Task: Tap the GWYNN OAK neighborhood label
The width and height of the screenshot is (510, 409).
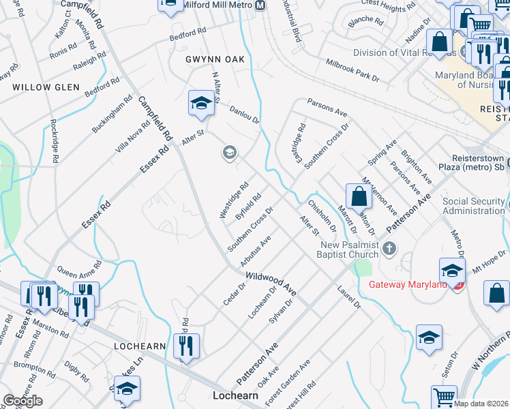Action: pyautogui.click(x=215, y=60)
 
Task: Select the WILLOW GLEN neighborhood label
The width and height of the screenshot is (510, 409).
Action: pyautogui.click(x=46, y=87)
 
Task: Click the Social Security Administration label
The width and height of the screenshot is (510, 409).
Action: pyautogui.click(x=473, y=206)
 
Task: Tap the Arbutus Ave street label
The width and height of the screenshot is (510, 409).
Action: pyautogui.click(x=256, y=250)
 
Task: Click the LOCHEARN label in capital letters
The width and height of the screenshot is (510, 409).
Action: pyautogui.click(x=140, y=346)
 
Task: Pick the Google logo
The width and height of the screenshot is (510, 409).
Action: pyautogui.click(x=23, y=400)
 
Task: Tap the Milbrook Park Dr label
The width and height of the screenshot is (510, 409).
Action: pyautogui.click(x=352, y=70)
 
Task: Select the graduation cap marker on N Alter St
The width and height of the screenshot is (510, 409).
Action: pyautogui.click(x=201, y=104)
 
